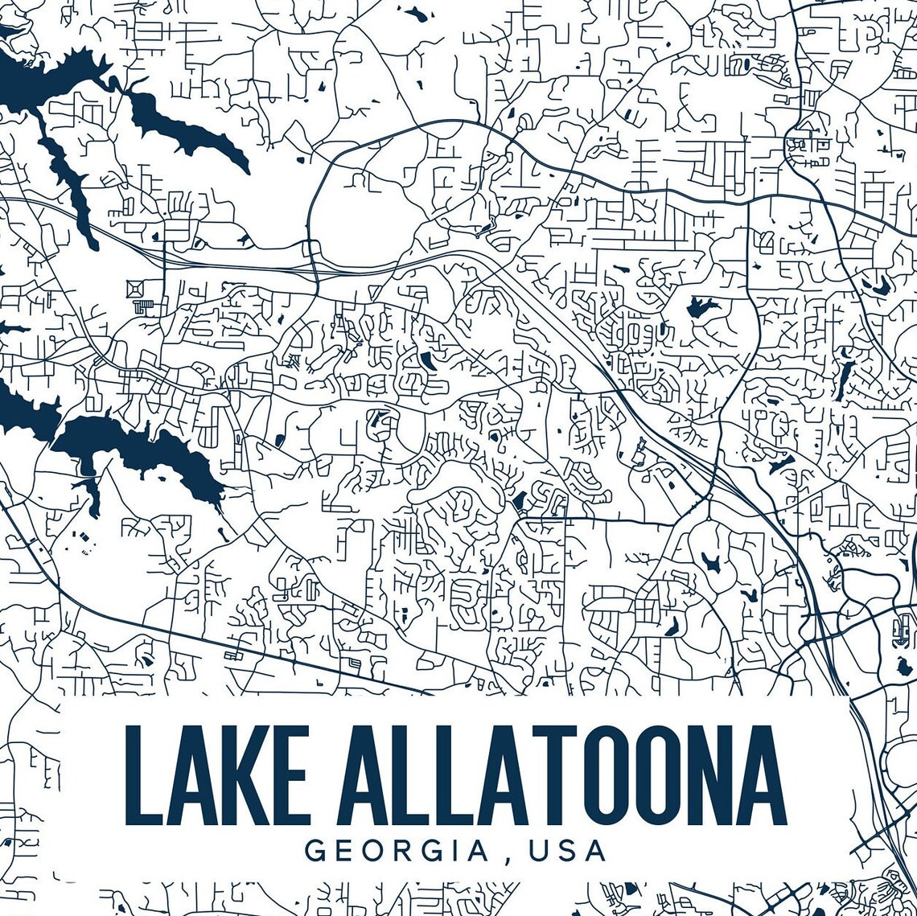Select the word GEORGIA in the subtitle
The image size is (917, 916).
click(x=397, y=851)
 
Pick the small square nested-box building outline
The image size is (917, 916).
click(x=134, y=287)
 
